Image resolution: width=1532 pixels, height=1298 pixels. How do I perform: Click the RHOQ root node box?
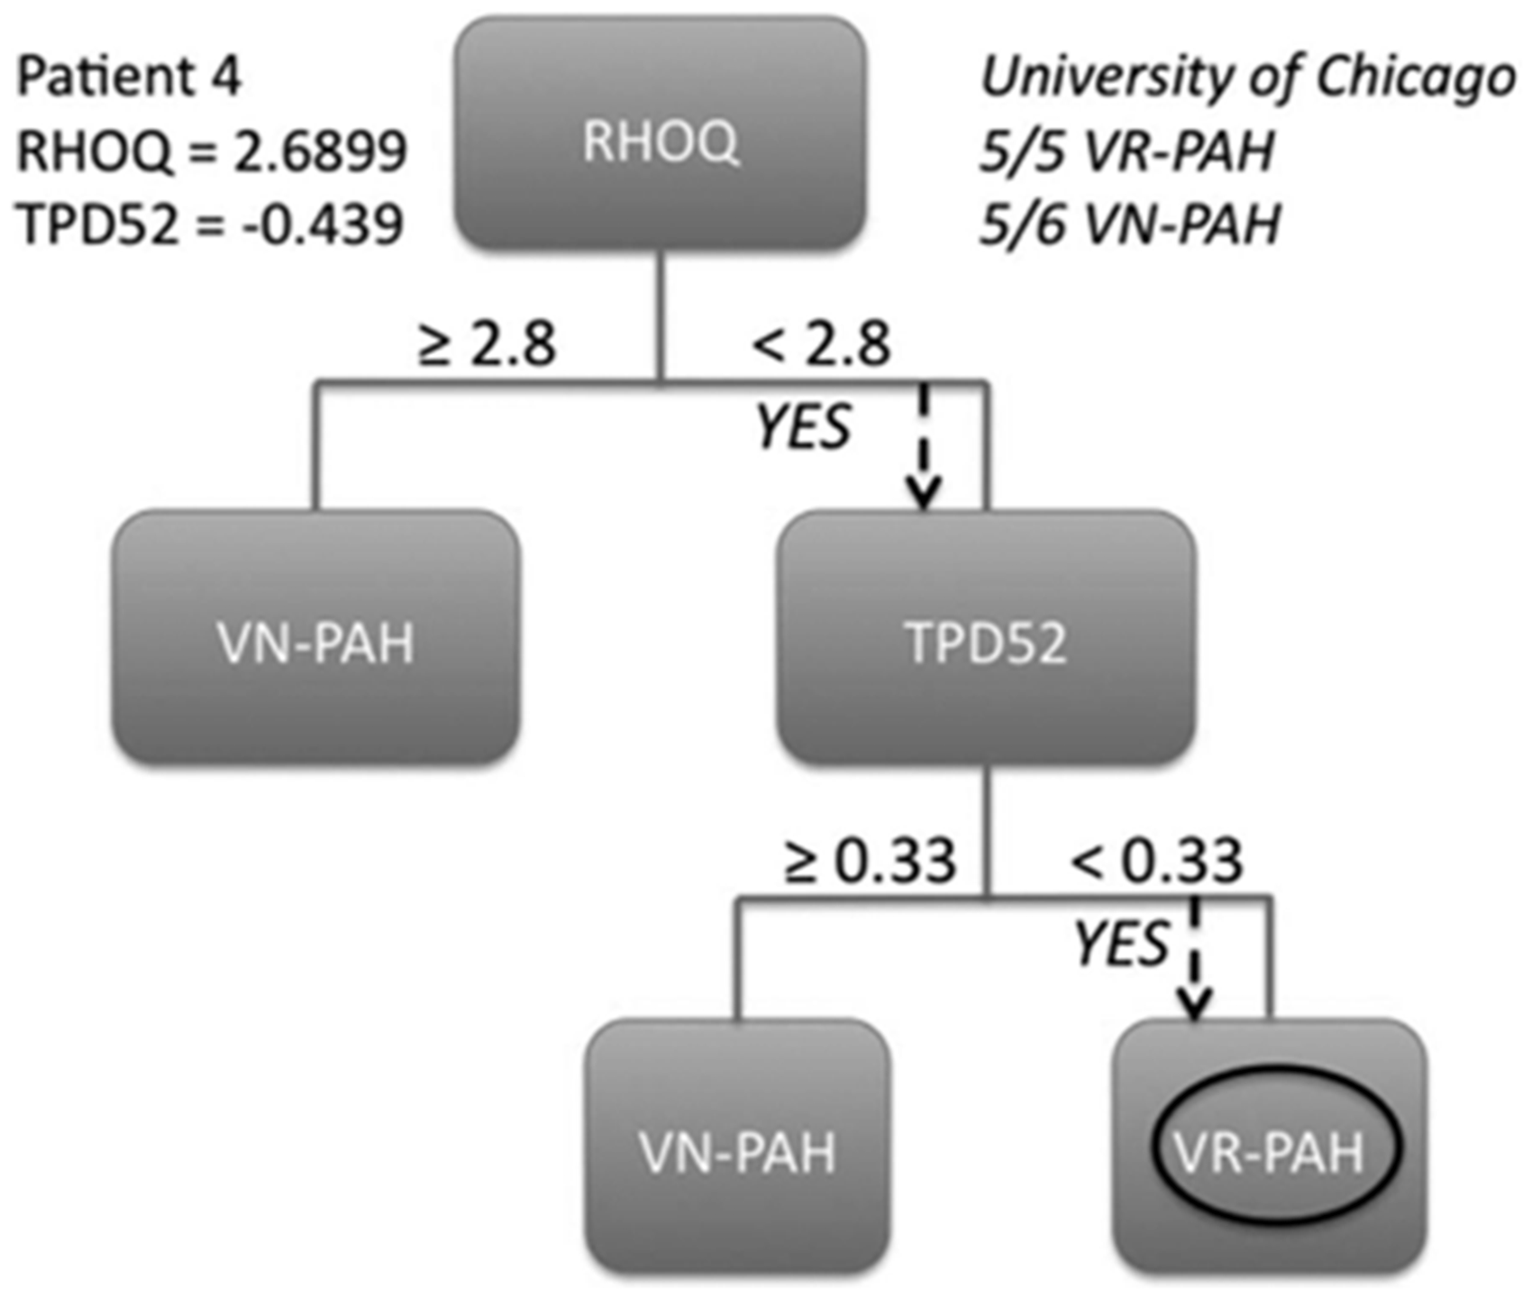[x=661, y=133]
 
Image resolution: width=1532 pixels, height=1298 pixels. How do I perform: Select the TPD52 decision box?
[x=987, y=637]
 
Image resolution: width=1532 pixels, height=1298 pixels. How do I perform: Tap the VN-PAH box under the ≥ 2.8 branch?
[x=315, y=637]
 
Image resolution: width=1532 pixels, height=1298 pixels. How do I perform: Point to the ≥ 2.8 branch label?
[x=487, y=343]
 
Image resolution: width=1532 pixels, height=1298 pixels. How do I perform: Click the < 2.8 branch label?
[x=820, y=343]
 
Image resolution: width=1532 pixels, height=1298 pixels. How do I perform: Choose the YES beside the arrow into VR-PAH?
[x=1122, y=944]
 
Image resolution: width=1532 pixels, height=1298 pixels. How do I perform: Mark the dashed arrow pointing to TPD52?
[x=924, y=445]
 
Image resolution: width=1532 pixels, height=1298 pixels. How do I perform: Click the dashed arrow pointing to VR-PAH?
[x=1196, y=957]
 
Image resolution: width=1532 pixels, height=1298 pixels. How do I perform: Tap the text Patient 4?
[x=130, y=78]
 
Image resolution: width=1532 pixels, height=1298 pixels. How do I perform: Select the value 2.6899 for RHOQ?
[x=320, y=151]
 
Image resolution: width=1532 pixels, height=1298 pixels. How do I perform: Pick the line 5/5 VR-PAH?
[x=1126, y=151]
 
